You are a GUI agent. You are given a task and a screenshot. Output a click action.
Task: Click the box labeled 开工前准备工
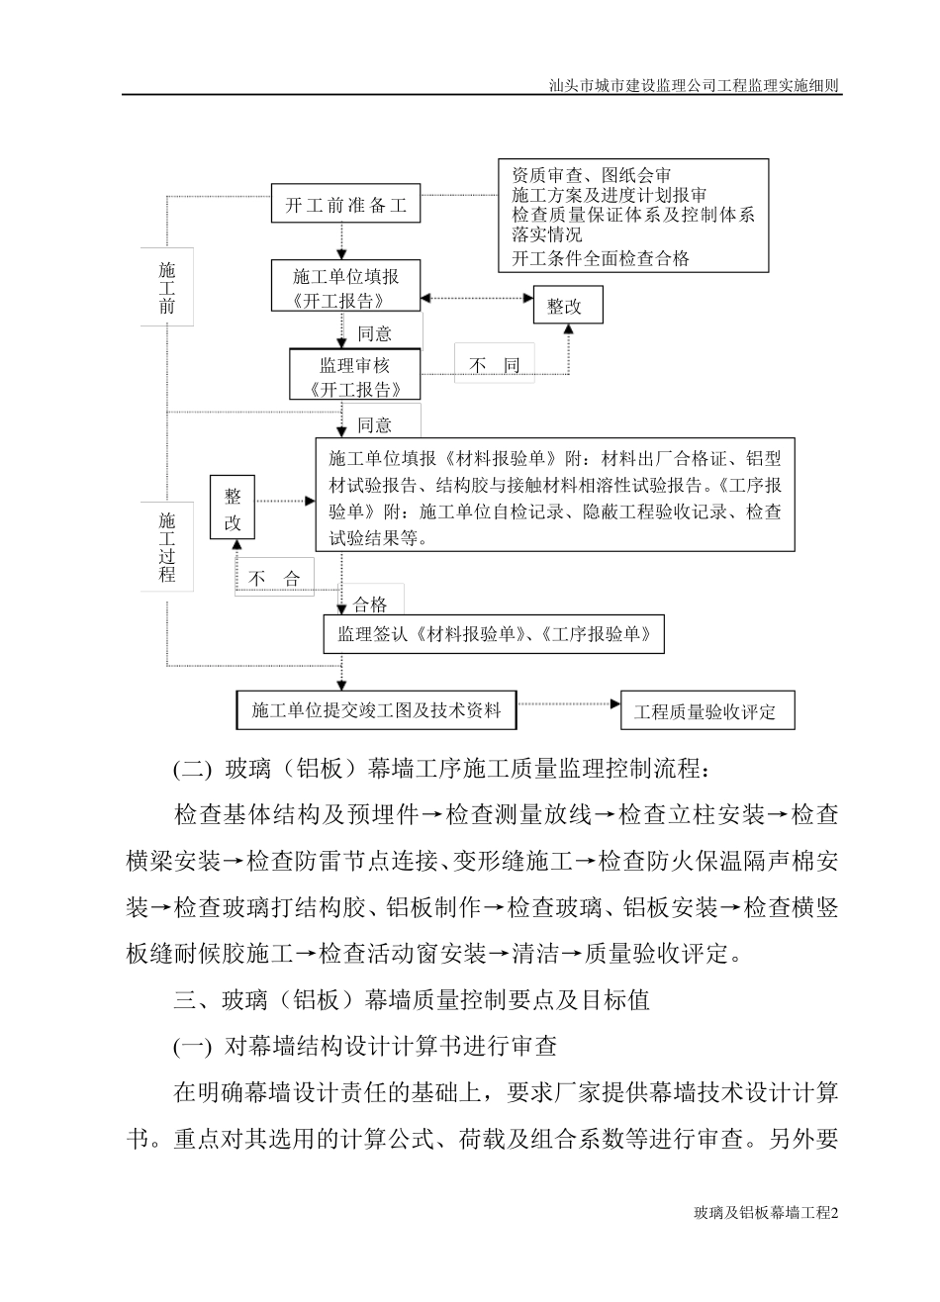pyautogui.click(x=346, y=206)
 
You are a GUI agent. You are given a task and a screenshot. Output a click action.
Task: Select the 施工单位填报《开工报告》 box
pyautogui.click(x=345, y=288)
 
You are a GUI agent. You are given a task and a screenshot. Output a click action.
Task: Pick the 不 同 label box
pyautogui.click(x=494, y=366)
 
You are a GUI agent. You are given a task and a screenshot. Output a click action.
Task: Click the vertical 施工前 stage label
pyautogui.click(x=166, y=288)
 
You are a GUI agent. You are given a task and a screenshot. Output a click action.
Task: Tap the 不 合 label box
pyautogui.click(x=274, y=579)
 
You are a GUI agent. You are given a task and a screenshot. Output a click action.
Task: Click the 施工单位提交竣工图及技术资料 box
pyautogui.click(x=376, y=709)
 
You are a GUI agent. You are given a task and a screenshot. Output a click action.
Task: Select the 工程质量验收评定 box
pyautogui.click(x=706, y=710)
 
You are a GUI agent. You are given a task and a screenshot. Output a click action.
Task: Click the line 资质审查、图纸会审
pyautogui.click(x=592, y=174)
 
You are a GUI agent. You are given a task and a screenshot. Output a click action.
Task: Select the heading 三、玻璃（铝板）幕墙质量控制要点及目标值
pyautogui.click(x=412, y=1000)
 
